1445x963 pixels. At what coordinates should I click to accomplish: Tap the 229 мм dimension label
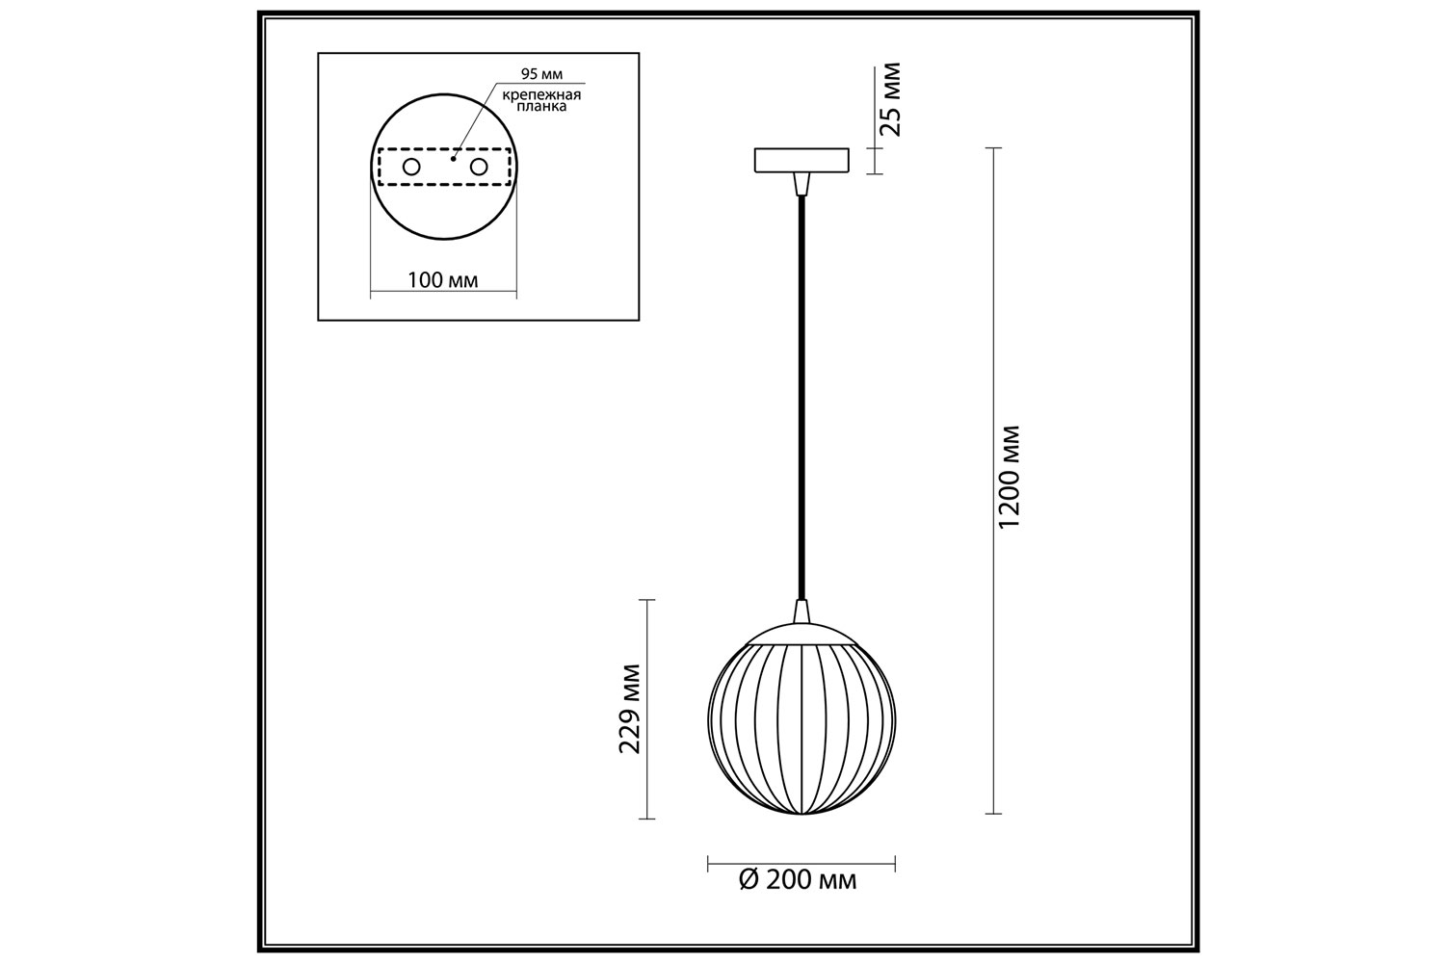pos(630,709)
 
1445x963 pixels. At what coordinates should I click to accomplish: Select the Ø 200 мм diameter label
pos(798,880)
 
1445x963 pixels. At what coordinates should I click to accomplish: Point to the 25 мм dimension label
pos(890,99)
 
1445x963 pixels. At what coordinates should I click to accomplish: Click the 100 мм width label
pos(443,280)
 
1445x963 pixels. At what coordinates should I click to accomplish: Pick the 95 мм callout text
pos(541,74)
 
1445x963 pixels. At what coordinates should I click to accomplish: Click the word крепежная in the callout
pos(541,95)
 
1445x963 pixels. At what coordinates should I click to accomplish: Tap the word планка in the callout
pos(541,107)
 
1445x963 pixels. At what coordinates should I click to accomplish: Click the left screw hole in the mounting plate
pos(411,167)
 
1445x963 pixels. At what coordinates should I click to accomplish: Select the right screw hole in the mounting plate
pos(479,167)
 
